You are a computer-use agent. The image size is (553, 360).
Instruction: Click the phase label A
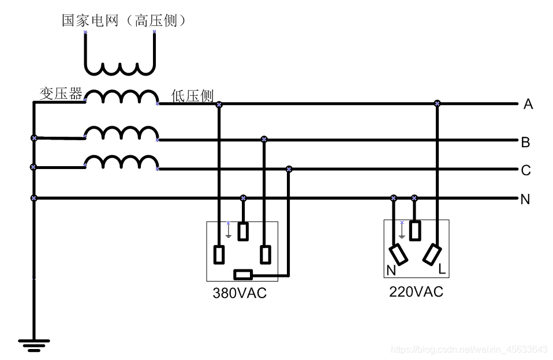click(x=528, y=104)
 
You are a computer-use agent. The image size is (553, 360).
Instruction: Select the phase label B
click(x=525, y=142)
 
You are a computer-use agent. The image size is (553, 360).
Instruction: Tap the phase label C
click(x=525, y=170)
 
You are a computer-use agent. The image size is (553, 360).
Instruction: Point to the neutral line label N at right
click(x=525, y=200)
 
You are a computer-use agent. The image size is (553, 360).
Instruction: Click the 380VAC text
click(x=240, y=293)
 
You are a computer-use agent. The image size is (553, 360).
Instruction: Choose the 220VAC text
click(x=416, y=292)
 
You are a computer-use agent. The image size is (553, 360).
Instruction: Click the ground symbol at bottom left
click(x=33, y=345)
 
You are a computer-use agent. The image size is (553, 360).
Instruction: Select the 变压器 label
click(x=60, y=93)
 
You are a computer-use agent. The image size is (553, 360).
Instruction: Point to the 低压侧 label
click(x=192, y=96)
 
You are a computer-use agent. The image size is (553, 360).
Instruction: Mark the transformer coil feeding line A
click(x=121, y=97)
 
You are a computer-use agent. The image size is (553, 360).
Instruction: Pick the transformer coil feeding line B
click(x=121, y=133)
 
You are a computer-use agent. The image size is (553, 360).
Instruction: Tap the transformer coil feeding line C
click(x=121, y=162)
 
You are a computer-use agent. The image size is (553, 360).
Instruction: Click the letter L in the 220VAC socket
click(x=442, y=269)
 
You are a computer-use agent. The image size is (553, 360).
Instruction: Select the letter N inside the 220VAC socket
click(x=391, y=270)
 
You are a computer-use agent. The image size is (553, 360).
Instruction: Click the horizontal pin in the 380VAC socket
click(x=242, y=274)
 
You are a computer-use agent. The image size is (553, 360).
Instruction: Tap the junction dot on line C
click(x=289, y=169)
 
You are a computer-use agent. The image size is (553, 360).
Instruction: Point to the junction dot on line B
click(x=264, y=139)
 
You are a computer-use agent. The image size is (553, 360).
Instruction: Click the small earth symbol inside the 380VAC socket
click(x=229, y=231)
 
